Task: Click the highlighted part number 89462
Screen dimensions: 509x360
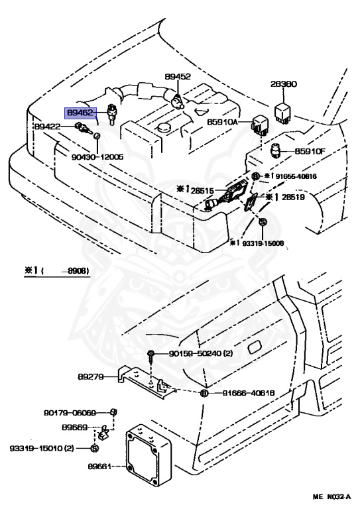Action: click(78, 113)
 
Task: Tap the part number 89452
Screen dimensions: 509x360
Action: click(178, 78)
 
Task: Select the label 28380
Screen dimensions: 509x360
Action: click(283, 85)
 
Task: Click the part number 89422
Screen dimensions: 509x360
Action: click(48, 126)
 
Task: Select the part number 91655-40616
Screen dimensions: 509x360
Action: click(298, 176)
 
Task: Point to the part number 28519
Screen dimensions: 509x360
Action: click(296, 198)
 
